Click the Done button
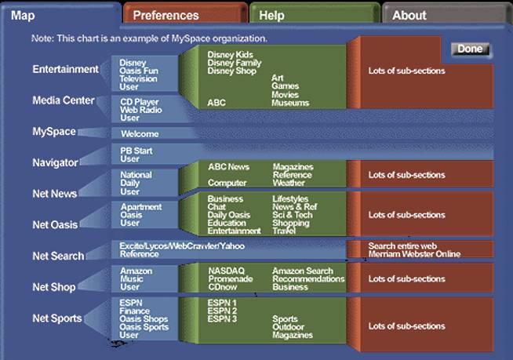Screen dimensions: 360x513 470,49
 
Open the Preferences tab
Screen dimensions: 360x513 166,15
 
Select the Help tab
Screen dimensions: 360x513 271,15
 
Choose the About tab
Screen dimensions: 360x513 409,15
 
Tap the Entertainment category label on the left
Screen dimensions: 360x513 65,69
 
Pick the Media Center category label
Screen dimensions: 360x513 64,100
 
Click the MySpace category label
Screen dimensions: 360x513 54,131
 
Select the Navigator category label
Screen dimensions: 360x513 55,162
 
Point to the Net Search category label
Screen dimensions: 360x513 57,256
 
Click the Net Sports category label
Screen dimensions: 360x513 57,318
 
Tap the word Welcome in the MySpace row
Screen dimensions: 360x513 140,134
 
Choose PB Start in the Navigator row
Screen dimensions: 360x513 136,151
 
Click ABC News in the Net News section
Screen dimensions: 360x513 228,167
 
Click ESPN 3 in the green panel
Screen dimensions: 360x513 222,318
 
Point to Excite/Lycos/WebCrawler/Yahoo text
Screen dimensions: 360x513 182,245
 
